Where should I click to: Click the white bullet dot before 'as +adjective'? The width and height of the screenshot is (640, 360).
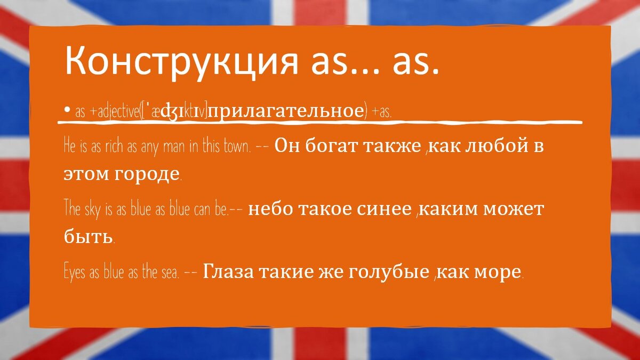(x=67, y=110)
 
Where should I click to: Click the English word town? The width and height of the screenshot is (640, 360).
(x=237, y=147)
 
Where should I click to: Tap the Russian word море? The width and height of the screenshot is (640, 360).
(x=500, y=272)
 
